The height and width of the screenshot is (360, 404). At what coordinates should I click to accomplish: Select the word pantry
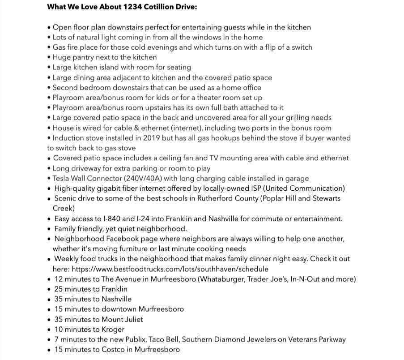88,57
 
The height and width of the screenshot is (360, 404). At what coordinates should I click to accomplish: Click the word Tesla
63,178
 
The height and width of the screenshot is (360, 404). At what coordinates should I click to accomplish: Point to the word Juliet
132,319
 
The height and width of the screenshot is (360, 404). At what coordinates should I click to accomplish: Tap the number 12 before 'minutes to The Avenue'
58,279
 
